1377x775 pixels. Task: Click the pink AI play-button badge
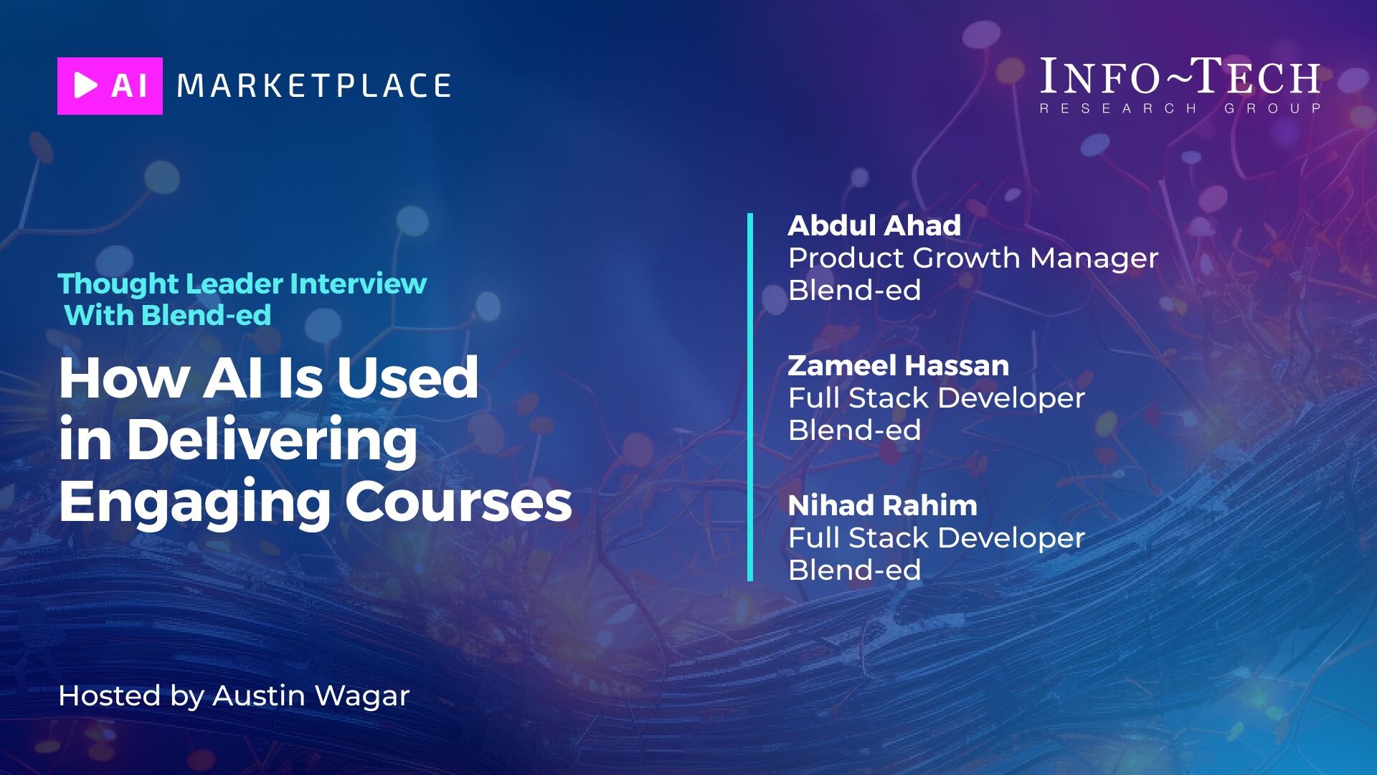110,86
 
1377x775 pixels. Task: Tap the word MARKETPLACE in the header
314,86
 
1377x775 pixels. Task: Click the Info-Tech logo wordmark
1180,77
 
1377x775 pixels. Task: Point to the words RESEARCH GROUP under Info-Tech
1180,108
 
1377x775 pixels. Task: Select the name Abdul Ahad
874,225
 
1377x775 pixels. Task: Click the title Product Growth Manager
973,258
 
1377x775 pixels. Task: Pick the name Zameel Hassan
899,365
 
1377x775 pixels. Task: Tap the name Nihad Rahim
883,505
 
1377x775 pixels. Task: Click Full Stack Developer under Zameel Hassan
937,398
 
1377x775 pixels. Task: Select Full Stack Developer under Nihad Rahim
937,538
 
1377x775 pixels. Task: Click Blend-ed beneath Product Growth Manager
855,290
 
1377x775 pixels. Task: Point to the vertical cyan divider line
750,397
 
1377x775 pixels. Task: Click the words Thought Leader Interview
242,283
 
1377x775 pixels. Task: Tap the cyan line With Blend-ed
168,315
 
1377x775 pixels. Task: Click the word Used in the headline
407,377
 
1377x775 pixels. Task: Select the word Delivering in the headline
272,441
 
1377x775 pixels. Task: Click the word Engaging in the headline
194,503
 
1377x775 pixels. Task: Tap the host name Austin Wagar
311,696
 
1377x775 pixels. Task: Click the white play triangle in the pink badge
85,86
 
